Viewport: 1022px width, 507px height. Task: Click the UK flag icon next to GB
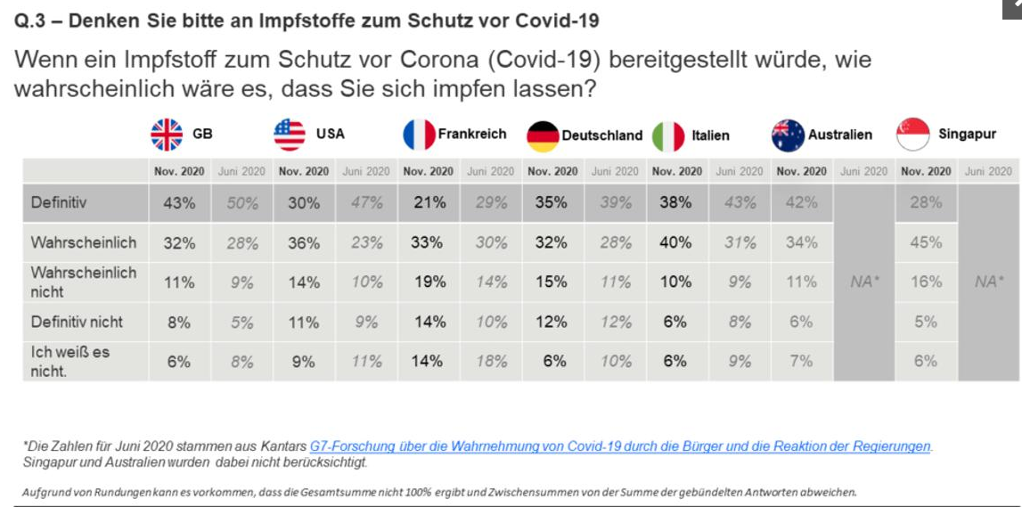[167, 135]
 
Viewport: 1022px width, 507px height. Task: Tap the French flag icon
[419, 135]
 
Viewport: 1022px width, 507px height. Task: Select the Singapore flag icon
[913, 135]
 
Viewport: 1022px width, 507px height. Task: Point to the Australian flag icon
[788, 135]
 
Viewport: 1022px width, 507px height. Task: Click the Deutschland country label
[601, 135]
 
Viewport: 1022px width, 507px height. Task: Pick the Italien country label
[710, 135]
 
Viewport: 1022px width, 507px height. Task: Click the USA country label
[330, 135]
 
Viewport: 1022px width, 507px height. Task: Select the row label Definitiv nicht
[77, 322]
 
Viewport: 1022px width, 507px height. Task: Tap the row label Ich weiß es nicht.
[70, 360]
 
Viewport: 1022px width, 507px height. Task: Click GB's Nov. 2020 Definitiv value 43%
[179, 203]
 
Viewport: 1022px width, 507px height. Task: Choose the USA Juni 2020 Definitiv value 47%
[365, 203]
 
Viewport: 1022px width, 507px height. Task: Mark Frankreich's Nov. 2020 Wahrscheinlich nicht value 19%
[429, 282]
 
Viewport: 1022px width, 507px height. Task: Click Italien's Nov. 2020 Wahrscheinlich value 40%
[675, 242]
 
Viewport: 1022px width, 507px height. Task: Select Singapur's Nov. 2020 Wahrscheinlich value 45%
[926, 242]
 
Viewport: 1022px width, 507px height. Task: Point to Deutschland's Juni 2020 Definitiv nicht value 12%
[615, 323]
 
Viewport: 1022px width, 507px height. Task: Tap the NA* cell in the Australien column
[863, 282]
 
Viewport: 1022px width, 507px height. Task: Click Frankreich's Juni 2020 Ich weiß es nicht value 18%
[490, 361]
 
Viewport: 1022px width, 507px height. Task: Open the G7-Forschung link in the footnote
[620, 446]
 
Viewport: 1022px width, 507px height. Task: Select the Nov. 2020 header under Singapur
[926, 171]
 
